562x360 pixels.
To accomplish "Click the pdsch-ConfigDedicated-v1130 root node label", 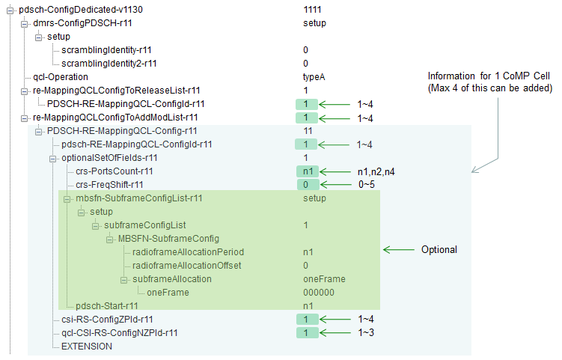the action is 81,10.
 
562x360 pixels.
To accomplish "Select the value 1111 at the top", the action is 312,10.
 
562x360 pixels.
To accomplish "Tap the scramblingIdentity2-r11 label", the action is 109,64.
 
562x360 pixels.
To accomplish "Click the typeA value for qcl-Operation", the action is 314,77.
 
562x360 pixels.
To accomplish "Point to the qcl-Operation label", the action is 60,77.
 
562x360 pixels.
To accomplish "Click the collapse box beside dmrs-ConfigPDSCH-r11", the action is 25,24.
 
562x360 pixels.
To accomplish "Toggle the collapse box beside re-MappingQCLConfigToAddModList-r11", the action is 25,118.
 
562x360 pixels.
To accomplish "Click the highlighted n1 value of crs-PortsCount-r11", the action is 308,171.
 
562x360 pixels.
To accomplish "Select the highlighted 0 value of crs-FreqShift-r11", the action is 308,185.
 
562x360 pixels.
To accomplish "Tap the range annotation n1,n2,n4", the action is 376,171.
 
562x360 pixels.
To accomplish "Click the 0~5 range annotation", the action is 366,185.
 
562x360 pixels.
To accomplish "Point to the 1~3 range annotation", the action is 366,333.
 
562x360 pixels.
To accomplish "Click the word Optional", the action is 439,249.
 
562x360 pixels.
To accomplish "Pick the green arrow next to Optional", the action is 399,249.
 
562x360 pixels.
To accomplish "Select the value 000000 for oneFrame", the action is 319,293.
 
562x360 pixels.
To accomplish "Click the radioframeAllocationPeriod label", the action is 188,252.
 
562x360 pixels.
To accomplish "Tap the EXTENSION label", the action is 87,347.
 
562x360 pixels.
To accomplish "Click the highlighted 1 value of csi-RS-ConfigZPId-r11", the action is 307,320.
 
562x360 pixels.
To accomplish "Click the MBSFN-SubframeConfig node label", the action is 168,239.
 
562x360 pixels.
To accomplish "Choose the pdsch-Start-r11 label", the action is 107,306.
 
